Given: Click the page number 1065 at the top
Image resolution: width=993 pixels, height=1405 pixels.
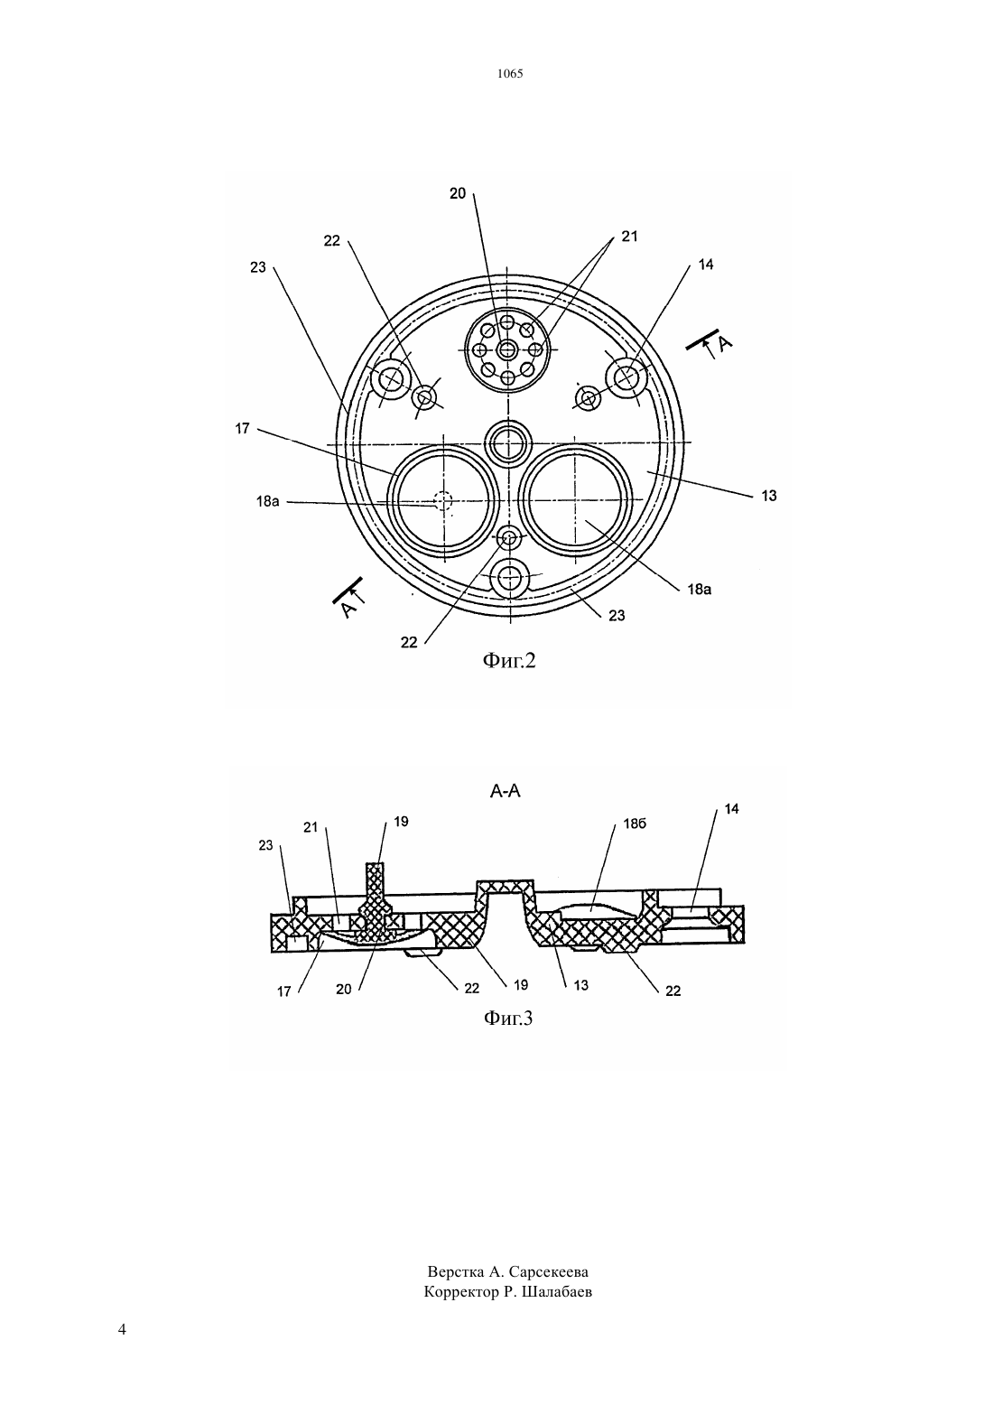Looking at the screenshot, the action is pos(510,73).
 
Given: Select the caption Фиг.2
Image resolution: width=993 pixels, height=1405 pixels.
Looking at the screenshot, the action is pos(509,660).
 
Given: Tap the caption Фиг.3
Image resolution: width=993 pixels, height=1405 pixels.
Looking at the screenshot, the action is pos(507,1018).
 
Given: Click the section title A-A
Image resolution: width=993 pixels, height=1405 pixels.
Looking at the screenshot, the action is pos(506,792).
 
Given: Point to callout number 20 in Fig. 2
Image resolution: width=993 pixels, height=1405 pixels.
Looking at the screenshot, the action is pos(458,194).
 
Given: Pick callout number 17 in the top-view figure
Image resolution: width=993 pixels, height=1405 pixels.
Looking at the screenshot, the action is pos(243,429).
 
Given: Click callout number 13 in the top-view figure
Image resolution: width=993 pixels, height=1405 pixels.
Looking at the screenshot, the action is pos(769,496).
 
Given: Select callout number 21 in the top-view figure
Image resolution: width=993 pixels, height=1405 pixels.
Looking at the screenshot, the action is pos(629,236).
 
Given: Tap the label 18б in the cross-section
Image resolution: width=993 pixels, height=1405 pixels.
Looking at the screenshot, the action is pos(635,823).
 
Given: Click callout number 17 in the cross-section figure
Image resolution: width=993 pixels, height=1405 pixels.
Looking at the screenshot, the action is pos(284,991).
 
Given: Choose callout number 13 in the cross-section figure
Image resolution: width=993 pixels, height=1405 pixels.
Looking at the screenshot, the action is pos(581,985).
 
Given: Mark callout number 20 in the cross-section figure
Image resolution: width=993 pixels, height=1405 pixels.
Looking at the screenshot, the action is pos(344,990).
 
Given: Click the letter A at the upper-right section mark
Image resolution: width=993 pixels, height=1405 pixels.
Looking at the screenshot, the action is pos(724,344).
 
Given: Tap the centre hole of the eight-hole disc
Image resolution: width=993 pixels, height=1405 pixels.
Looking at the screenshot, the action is pos(506,349).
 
